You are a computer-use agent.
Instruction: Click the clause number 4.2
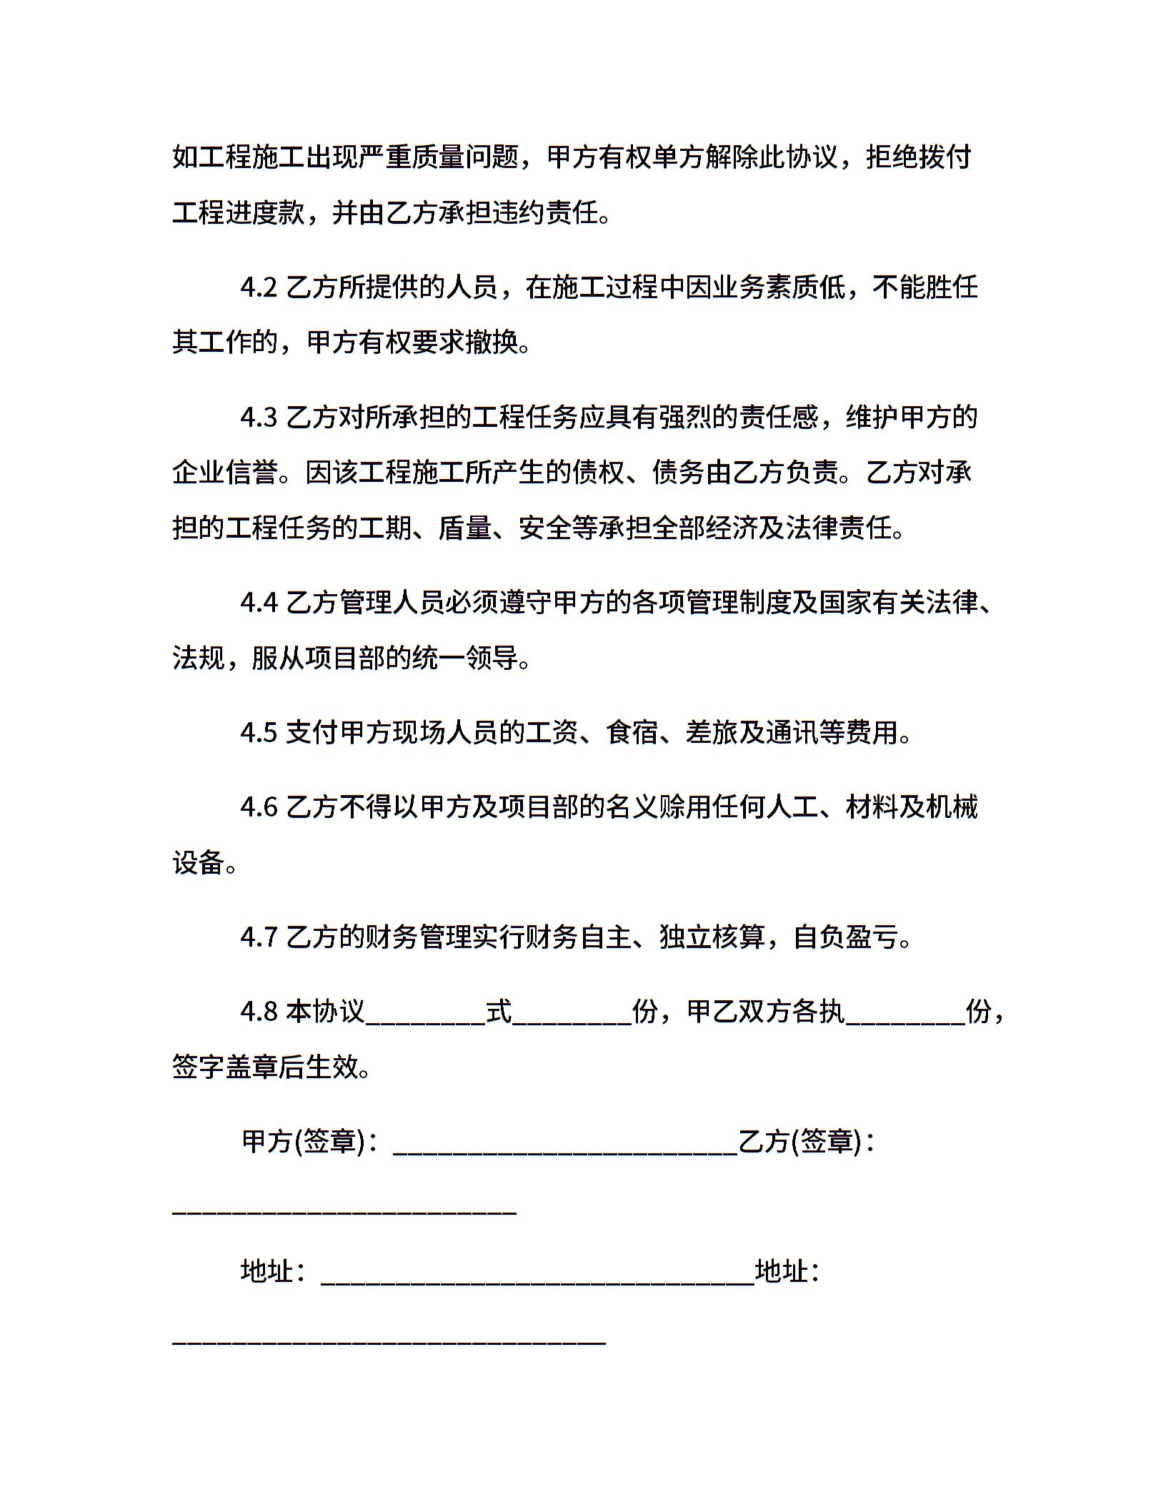pos(259,287)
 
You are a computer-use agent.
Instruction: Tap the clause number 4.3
pos(259,417)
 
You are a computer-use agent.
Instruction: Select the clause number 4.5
pos(259,732)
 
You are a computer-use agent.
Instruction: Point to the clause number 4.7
pos(259,936)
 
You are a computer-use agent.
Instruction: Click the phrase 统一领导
pos(465,658)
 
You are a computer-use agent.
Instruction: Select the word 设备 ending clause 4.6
pos(199,862)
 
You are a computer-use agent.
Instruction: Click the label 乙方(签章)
pos(800,1141)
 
